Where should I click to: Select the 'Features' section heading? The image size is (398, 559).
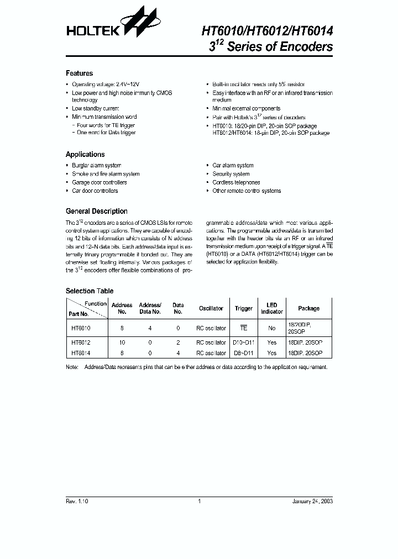pyautogui.click(x=79, y=73)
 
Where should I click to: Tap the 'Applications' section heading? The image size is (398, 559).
pyautogui.click(x=85, y=155)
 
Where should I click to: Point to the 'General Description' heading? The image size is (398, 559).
pyautogui.click(x=96, y=212)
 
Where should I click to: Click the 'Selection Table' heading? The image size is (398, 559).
pyautogui.click(x=90, y=291)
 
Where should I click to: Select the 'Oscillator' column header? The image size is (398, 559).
pyautogui.click(x=211, y=308)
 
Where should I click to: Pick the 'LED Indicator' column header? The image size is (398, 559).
pyautogui.click(x=271, y=308)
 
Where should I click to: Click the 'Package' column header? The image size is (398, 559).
pyautogui.click(x=308, y=308)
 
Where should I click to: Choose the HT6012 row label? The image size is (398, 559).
pyautogui.click(x=81, y=342)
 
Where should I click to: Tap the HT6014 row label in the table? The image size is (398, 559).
pyautogui.click(x=81, y=353)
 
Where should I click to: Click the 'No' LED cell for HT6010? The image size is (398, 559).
pyautogui.click(x=271, y=328)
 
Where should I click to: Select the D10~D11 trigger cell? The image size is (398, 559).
pyautogui.click(x=243, y=342)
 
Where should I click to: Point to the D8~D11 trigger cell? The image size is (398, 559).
pyautogui.click(x=243, y=353)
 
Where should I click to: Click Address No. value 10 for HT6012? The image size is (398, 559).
pyautogui.click(x=122, y=342)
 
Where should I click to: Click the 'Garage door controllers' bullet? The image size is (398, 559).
pyautogui.click(x=99, y=182)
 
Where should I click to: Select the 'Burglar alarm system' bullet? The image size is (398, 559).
pyautogui.click(x=96, y=165)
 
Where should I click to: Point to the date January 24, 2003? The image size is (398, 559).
pyautogui.click(x=312, y=501)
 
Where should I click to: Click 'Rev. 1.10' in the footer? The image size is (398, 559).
pyautogui.click(x=77, y=501)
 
